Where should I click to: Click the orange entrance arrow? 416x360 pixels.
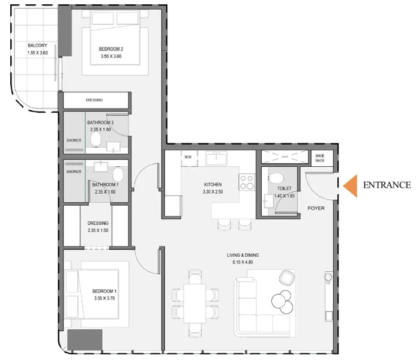[x=352, y=185]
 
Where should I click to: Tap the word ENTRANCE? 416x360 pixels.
[x=387, y=185]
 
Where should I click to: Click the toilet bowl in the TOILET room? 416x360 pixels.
[x=276, y=180]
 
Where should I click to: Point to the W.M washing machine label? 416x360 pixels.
[x=187, y=157]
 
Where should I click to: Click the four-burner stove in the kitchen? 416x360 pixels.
[x=247, y=180]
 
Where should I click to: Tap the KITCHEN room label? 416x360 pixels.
[x=213, y=184]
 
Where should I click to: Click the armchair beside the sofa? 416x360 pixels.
[x=287, y=277]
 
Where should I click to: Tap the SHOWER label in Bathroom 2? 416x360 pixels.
[x=74, y=140]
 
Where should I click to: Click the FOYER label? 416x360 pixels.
[x=316, y=208]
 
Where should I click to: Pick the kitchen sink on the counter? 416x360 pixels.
[x=216, y=158]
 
